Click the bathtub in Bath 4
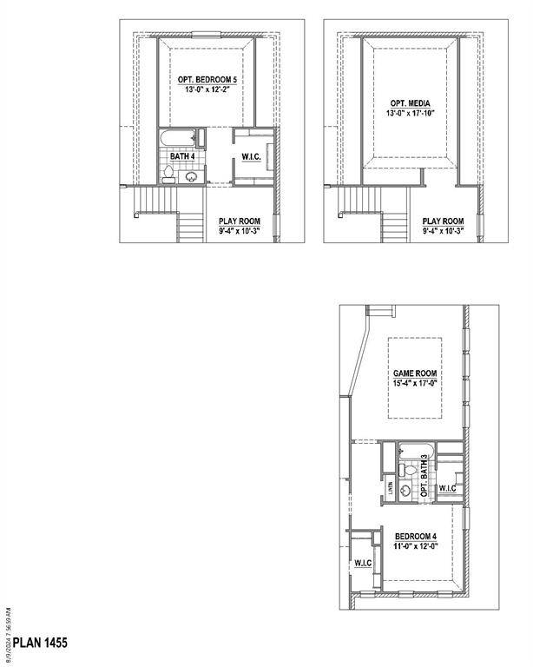click(x=177, y=138)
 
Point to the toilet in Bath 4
click(x=167, y=175)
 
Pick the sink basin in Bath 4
click(x=191, y=178)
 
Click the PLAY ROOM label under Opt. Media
click(x=443, y=221)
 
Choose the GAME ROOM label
click(x=414, y=373)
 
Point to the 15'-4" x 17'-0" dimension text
click(x=414, y=383)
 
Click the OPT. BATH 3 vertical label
click(x=424, y=477)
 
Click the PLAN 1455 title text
click(x=41, y=644)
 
